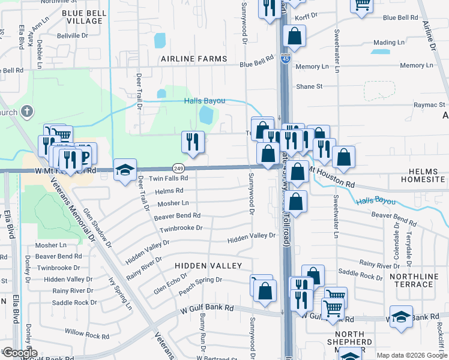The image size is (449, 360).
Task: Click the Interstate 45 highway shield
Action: point(285,58)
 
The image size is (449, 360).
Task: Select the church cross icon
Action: point(26,112)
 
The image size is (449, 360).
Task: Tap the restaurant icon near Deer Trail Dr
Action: point(193,142)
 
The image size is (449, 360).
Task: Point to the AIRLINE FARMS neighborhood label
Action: point(194,59)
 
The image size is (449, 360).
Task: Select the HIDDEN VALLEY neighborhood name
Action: point(208,265)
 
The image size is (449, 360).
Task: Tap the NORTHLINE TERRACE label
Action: point(419,280)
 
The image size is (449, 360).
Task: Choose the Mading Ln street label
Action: point(388,43)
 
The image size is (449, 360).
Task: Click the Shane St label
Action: point(309,86)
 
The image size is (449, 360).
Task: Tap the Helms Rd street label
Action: point(168,191)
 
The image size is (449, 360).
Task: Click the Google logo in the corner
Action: point(20,353)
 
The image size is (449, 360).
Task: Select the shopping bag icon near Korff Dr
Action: point(294,37)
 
